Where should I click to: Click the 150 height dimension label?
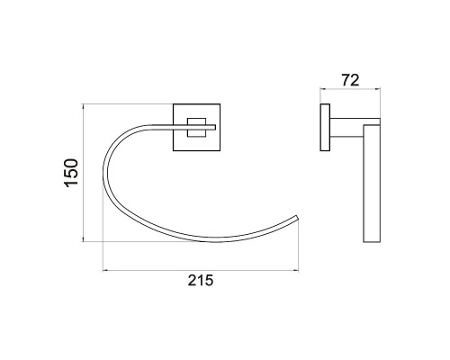coord(71,173)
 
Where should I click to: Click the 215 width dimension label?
coord(201,281)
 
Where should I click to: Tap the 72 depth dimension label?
coord(350,80)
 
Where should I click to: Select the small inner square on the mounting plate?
coord(197,128)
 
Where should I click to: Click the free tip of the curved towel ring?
coord(297,218)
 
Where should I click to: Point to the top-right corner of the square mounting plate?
coord(220,104)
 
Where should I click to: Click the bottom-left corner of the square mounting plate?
coord(174,150)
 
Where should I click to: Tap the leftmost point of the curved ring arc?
coord(103,175)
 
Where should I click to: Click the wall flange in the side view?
coord(325,127)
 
